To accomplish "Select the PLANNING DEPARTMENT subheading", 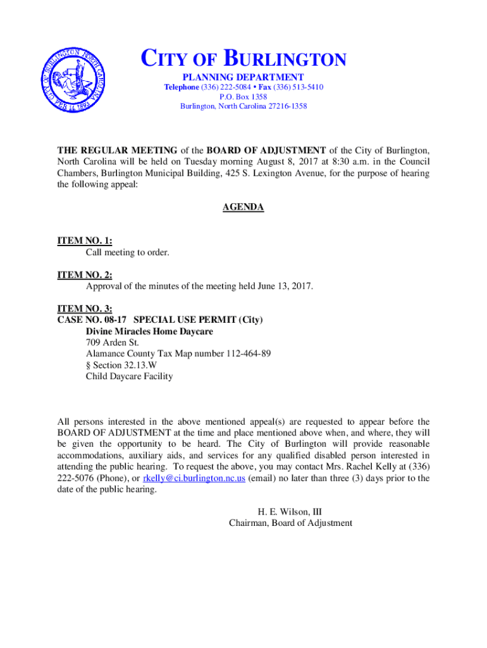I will [244, 77].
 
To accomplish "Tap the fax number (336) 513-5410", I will [298, 87].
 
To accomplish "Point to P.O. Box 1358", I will [244, 97].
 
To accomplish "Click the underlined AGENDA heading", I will [244, 207].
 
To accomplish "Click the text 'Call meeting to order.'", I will [128, 252].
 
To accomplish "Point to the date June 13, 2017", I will [285, 287].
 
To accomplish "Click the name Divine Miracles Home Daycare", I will [149, 331].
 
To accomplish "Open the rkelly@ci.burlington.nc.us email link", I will [194, 478].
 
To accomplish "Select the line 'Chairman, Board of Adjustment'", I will [290, 523].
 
